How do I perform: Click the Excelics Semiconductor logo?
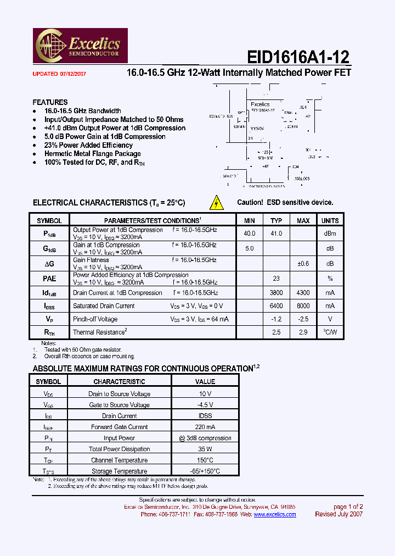pos(81,46)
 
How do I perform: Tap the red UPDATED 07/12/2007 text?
pos(59,73)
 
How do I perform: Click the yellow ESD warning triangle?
pos(217,203)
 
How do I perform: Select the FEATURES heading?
pos(50,102)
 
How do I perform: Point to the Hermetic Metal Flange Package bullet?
pos(93,154)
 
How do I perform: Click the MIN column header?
pos(249,220)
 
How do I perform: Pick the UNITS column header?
pos(330,220)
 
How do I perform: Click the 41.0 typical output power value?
pos(276,233)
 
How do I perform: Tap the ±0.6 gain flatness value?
pos(303,263)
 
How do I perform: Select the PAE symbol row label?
pos(49,279)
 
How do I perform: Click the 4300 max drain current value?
pos(303,293)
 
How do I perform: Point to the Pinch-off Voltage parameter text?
pos(95,319)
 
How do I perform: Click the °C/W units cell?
pos(330,332)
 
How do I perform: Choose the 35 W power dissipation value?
pos(205,449)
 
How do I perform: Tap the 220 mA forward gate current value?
pos(205,427)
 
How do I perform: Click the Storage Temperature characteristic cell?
pos(119,471)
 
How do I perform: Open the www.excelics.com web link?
pos(274,514)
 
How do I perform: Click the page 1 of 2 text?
pos(348,507)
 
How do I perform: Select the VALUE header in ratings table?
pos(205,381)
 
